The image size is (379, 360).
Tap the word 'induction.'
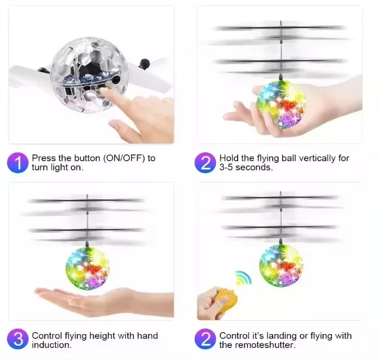point(51,345)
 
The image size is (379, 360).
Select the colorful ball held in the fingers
point(281,104)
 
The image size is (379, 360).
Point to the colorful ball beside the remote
point(280,265)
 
